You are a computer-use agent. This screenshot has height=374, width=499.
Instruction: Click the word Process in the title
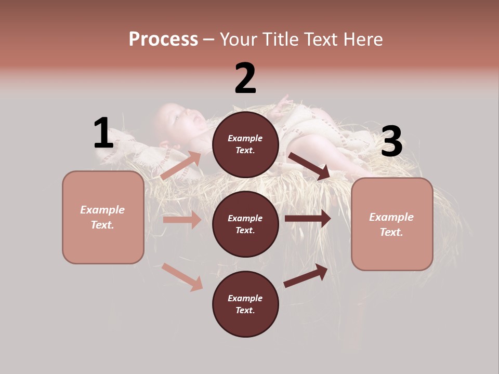pos(163,39)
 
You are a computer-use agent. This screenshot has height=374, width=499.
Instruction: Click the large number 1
pos(103,133)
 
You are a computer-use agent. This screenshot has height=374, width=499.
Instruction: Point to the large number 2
pos(245,78)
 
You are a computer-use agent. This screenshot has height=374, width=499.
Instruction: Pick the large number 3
pos(391,141)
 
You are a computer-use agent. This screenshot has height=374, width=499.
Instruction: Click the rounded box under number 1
pos(103,217)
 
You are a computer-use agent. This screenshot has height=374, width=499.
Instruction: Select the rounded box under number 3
pos(392,224)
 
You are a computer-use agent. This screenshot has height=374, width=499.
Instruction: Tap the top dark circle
pos(245,144)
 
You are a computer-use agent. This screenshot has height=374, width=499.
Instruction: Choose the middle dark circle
pos(245,224)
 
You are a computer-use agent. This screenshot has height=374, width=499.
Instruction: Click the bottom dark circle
pos(245,304)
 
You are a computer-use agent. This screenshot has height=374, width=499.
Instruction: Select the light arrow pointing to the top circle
pos(181,166)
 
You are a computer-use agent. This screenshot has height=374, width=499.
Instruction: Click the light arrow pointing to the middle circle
pos(182,220)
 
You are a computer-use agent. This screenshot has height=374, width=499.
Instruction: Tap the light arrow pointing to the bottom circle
pos(182,277)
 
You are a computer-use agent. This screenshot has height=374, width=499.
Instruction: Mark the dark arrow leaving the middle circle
pos(308,219)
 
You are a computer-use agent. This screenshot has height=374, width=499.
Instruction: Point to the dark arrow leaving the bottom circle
pos(306,276)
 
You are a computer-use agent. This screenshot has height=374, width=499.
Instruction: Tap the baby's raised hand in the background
pos(282,101)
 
